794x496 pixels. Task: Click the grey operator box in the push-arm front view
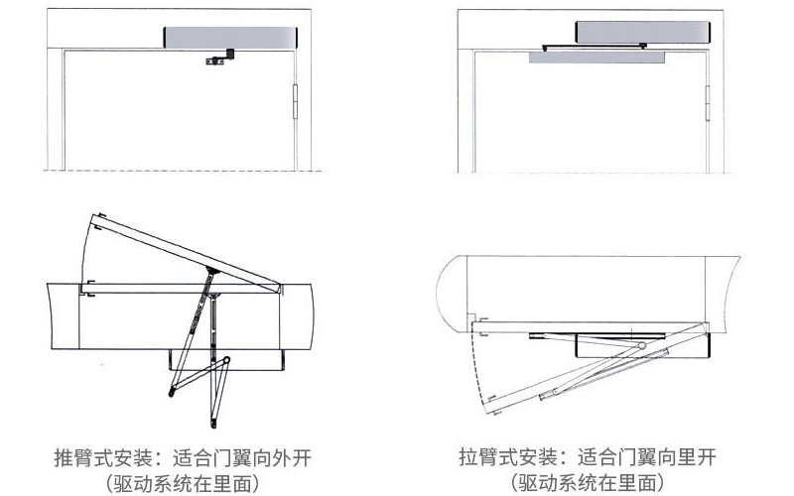point(229,36)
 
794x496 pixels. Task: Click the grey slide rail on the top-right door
point(595,58)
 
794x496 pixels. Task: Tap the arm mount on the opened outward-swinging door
point(210,269)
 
